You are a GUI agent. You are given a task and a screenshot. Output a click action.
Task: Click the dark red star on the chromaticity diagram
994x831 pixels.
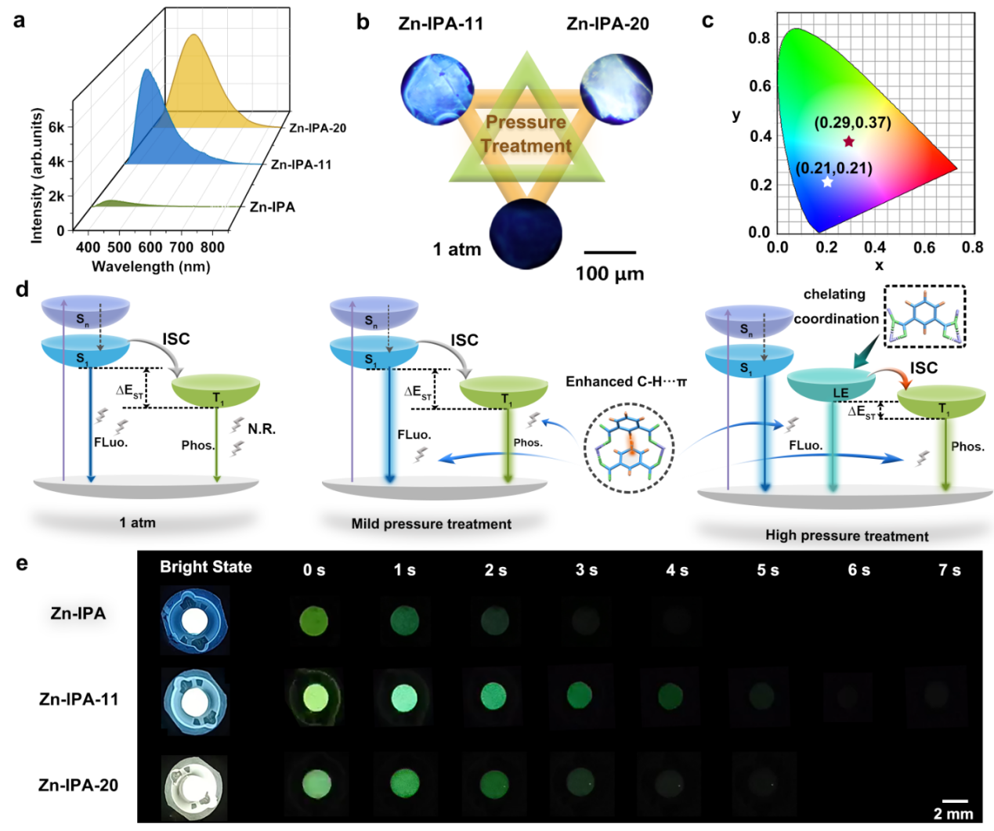[x=849, y=142]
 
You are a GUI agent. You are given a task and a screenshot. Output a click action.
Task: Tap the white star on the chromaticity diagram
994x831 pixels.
[x=827, y=182]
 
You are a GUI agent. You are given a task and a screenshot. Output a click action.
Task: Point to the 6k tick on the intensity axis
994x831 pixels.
[x=56, y=127]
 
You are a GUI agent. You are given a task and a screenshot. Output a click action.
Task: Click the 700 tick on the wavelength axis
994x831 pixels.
[x=181, y=247]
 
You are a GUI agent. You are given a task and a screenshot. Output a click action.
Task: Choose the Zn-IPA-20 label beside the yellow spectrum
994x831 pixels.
[x=317, y=128]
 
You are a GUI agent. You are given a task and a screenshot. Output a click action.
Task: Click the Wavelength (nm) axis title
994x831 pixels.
[x=150, y=266]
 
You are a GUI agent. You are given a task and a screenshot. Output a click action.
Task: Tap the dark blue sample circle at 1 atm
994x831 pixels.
[x=526, y=234]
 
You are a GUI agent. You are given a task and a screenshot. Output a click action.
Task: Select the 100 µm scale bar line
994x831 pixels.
[x=610, y=253]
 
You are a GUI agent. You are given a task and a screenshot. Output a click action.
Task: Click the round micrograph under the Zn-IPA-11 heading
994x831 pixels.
[x=437, y=89]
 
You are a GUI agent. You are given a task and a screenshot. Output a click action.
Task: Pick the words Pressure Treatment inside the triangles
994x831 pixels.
[x=526, y=134]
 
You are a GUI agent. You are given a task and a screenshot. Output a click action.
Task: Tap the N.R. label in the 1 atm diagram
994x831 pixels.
[x=262, y=429]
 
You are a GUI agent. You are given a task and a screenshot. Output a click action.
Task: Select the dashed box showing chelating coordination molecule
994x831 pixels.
[x=924, y=316]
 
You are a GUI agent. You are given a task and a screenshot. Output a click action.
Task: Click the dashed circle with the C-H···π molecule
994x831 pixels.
[x=629, y=448]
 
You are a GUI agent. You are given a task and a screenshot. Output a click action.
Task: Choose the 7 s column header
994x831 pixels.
[x=949, y=570]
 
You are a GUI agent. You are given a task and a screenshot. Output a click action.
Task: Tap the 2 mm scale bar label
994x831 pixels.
[x=953, y=814]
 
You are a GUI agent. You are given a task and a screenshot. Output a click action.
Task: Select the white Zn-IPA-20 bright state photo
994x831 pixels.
[x=194, y=786]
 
